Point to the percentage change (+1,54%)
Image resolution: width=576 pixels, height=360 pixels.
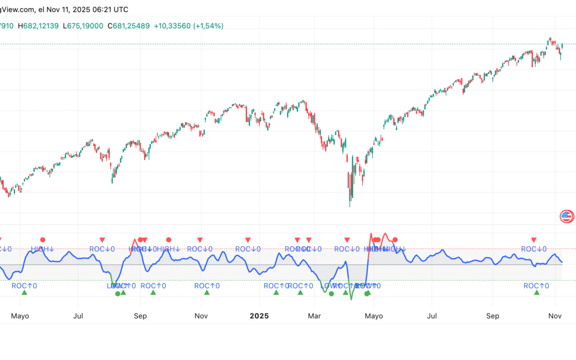pyautogui.click(x=208, y=26)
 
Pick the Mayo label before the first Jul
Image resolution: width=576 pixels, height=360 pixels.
pyautogui.click(x=19, y=316)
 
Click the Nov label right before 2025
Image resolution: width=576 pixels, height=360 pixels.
pyautogui.click(x=201, y=316)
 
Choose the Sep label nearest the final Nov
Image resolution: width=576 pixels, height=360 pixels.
pyautogui.click(x=492, y=316)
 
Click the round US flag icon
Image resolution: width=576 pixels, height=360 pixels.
pyautogui.click(x=566, y=216)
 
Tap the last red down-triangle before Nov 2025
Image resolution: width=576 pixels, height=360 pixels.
pyautogui.click(x=533, y=240)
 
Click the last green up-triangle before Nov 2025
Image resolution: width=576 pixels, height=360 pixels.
pyautogui.click(x=537, y=292)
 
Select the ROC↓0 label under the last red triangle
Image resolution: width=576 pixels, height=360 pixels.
pyautogui.click(x=534, y=249)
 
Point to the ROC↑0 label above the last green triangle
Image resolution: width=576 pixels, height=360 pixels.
pyautogui.click(x=536, y=286)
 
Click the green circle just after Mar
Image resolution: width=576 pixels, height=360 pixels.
pyautogui.click(x=331, y=293)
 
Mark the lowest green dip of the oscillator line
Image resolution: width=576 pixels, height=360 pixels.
pyautogui.click(x=351, y=299)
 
